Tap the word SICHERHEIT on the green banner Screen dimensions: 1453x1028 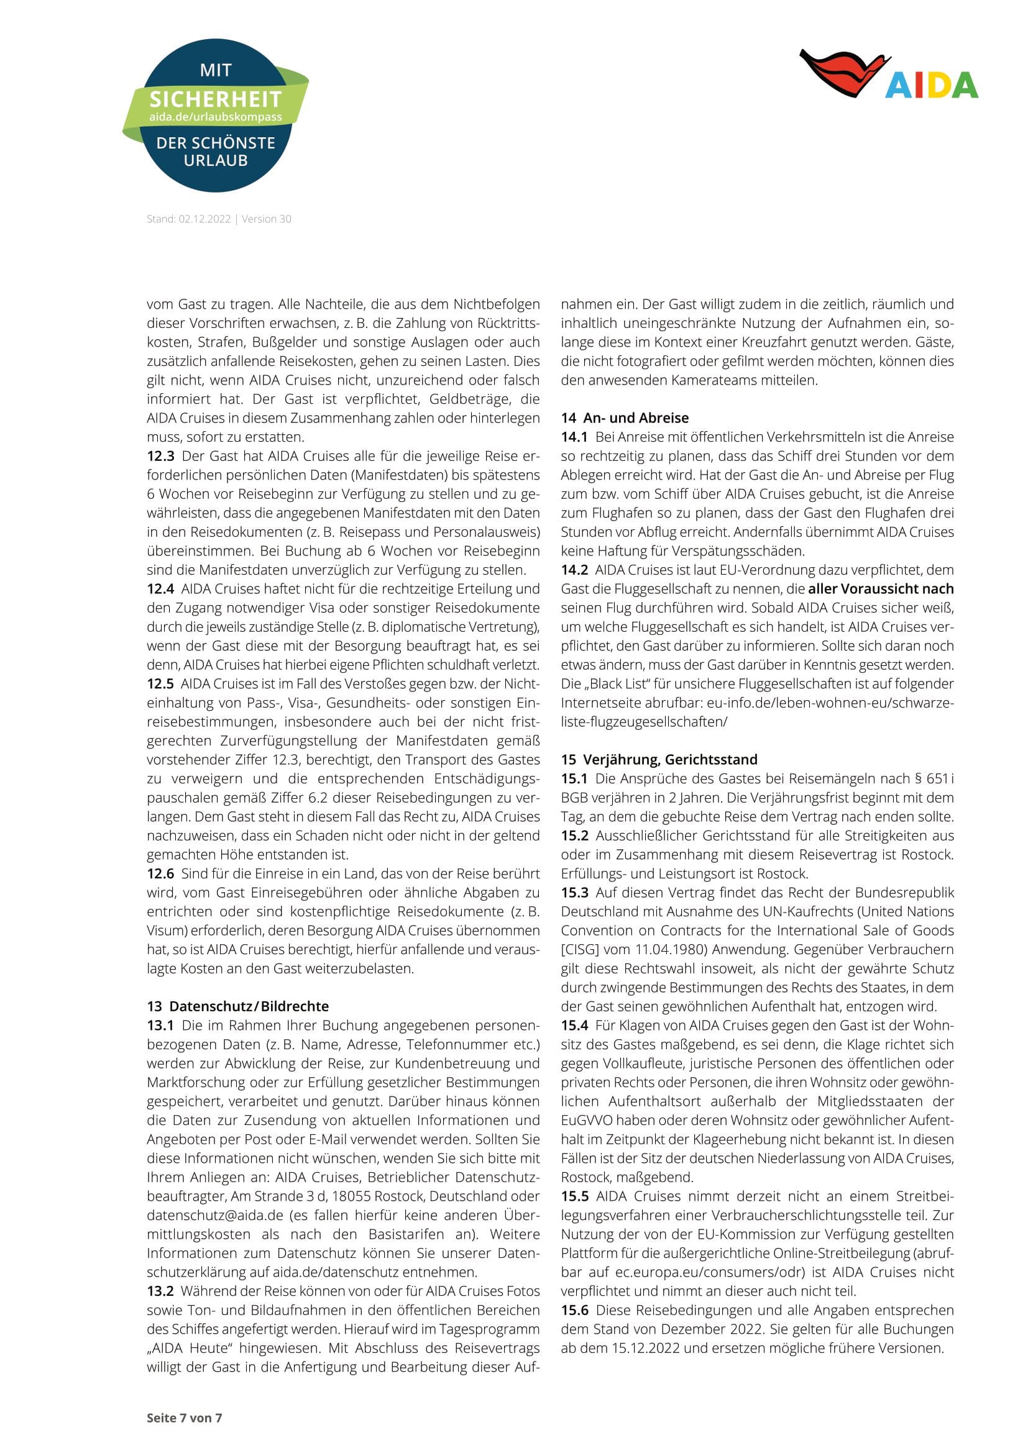(x=215, y=99)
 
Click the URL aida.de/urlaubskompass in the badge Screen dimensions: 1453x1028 (x=215, y=117)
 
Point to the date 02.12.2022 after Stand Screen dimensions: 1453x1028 (x=204, y=219)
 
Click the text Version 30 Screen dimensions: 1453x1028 (x=267, y=219)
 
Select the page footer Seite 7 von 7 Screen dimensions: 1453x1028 (x=184, y=1418)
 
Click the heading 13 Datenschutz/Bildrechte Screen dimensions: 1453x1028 (x=237, y=1006)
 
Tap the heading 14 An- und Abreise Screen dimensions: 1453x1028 (x=624, y=417)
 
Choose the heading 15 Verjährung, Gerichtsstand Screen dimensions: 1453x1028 (x=658, y=759)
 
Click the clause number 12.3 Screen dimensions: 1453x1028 (x=160, y=455)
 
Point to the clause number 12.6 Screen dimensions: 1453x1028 (x=160, y=873)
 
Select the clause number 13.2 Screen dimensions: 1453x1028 (x=160, y=1291)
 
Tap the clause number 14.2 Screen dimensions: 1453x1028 (x=574, y=570)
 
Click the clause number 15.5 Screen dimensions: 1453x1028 (x=574, y=1196)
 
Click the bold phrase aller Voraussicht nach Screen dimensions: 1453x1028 (x=881, y=588)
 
